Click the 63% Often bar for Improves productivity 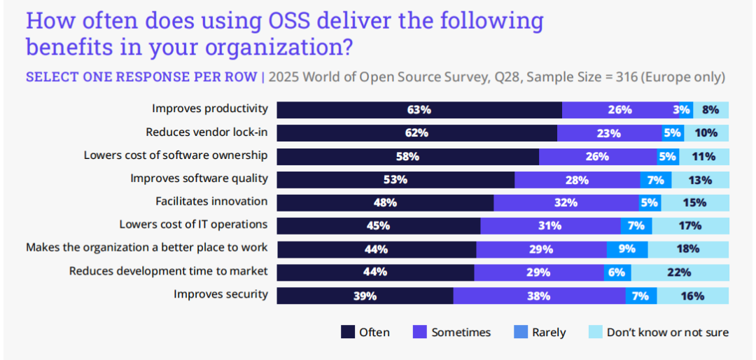tap(419, 109)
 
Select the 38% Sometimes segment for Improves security tap(539, 296)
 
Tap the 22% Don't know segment tap(679, 272)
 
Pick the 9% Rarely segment tap(627, 249)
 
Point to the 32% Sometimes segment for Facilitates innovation tap(566, 202)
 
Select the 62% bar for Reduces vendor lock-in tap(416, 132)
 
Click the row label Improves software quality tap(199, 178)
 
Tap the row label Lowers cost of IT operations tap(193, 225)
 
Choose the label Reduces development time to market tap(168, 271)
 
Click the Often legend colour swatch tap(347, 332)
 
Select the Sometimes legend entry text tap(461, 332)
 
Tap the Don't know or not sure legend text tap(667, 332)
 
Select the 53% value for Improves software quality tap(395, 179)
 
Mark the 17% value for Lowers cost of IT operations tap(689, 226)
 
